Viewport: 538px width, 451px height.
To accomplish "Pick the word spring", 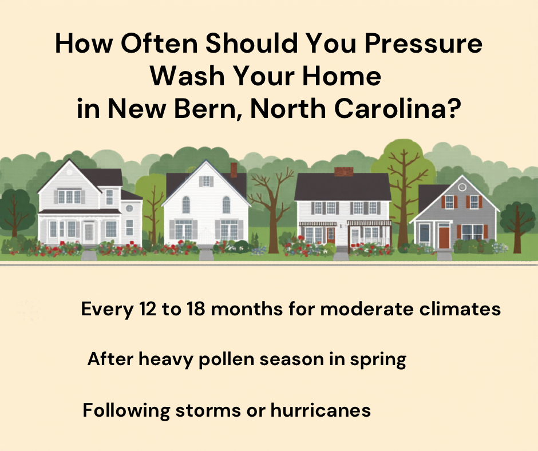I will click(378, 360).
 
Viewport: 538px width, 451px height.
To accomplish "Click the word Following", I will click(127, 410).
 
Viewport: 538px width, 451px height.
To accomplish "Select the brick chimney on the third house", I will click(343, 171).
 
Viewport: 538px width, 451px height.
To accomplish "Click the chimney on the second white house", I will click(234, 169).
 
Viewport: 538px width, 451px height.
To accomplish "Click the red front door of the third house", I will click(331, 234).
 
